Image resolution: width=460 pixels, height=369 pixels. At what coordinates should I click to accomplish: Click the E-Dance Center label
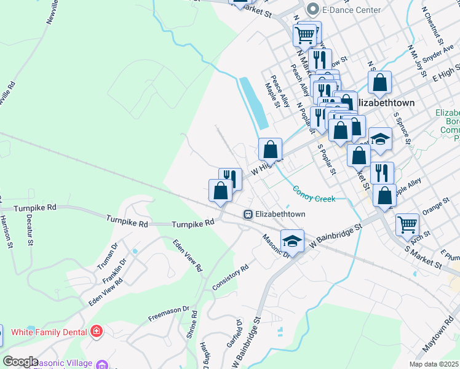[x=352, y=10]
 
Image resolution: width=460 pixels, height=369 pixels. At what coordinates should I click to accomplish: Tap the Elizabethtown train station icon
[x=247, y=214]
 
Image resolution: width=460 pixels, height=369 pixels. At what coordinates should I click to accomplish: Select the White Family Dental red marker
[x=96, y=332]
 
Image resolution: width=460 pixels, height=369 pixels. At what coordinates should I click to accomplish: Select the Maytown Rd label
[x=438, y=336]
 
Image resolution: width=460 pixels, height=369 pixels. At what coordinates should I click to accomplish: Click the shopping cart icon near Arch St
[x=407, y=224]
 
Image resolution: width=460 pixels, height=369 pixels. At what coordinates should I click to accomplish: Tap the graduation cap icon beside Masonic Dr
[x=292, y=240]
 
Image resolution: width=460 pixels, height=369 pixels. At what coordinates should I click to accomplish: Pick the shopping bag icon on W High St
[x=270, y=149]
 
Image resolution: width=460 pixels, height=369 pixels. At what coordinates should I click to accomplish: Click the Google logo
[x=20, y=362]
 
